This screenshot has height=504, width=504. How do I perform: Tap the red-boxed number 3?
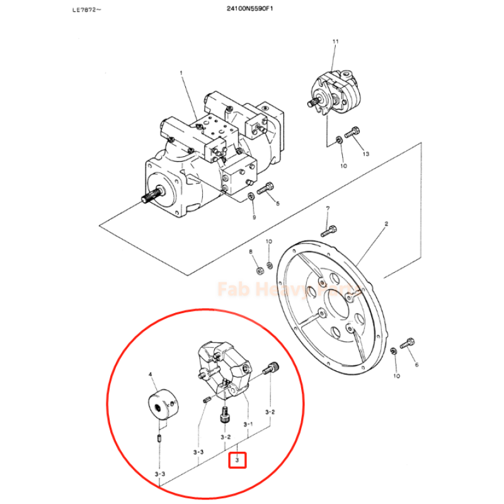[x=237, y=461]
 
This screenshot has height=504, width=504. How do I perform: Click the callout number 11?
[x=335, y=42]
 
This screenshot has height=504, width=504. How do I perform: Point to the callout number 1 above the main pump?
[x=181, y=73]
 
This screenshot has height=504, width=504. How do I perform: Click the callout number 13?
[x=364, y=154]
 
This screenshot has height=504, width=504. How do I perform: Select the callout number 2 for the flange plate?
[x=386, y=224]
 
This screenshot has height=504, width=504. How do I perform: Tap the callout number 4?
[x=151, y=375]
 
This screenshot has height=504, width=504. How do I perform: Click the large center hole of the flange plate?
[x=336, y=306]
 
